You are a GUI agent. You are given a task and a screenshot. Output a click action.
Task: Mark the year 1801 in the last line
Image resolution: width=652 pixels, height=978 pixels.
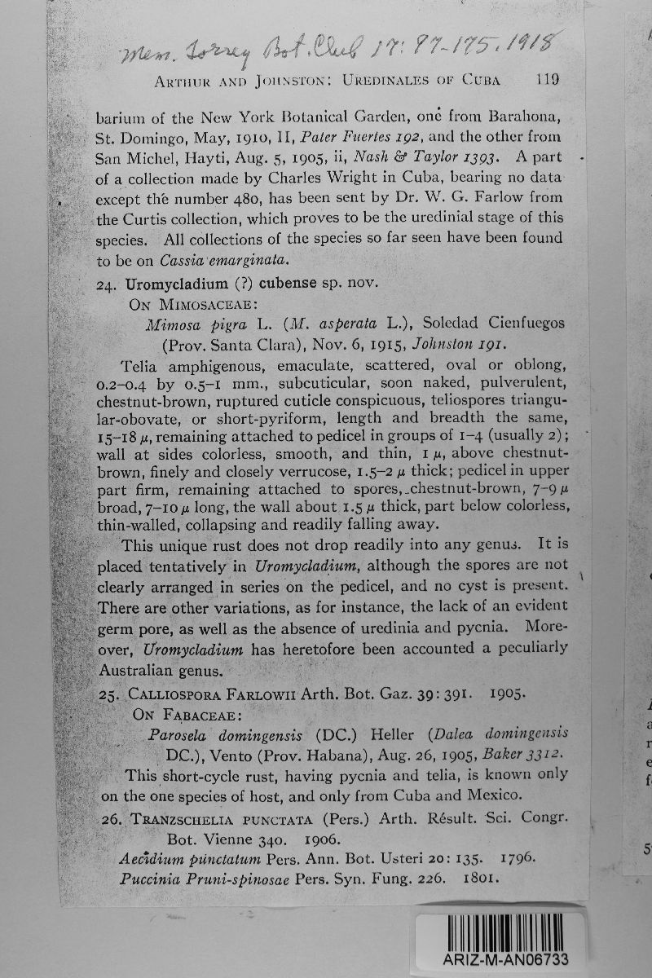click(480, 879)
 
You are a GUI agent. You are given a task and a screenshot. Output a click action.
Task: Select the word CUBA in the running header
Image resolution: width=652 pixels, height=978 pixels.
click(479, 81)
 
